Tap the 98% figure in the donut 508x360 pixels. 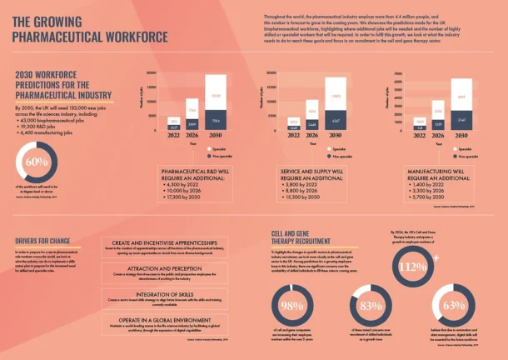[x=292, y=306]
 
